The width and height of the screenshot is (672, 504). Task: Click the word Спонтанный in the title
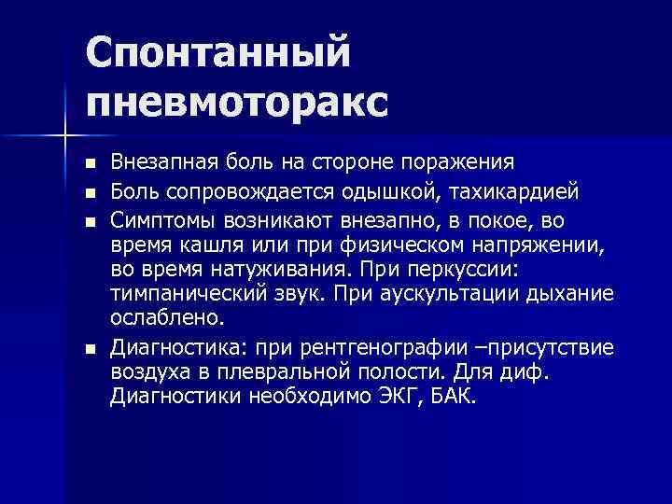tap(218, 52)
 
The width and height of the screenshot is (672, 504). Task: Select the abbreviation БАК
tap(455, 397)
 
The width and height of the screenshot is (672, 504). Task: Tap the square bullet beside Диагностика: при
tap(90, 350)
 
